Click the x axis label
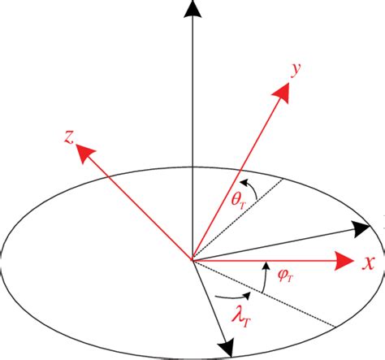pyautogui.click(x=368, y=262)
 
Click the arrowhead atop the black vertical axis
pyautogui.click(x=192, y=11)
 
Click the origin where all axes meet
pyautogui.click(x=192, y=261)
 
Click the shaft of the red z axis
pyautogui.click(x=134, y=203)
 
